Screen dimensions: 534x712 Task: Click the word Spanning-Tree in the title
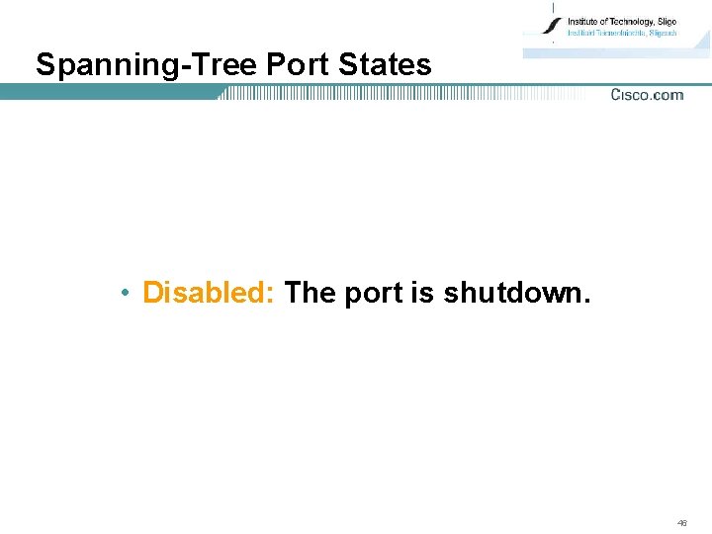[147, 65]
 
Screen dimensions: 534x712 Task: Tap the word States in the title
[385, 65]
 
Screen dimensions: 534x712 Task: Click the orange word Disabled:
[210, 293]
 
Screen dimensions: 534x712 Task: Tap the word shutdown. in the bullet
[517, 293]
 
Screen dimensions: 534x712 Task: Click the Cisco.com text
[647, 95]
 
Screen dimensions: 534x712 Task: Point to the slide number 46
[682, 522]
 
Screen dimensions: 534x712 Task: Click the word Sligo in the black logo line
[667, 21]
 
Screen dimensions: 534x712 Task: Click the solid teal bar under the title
[109, 92]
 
